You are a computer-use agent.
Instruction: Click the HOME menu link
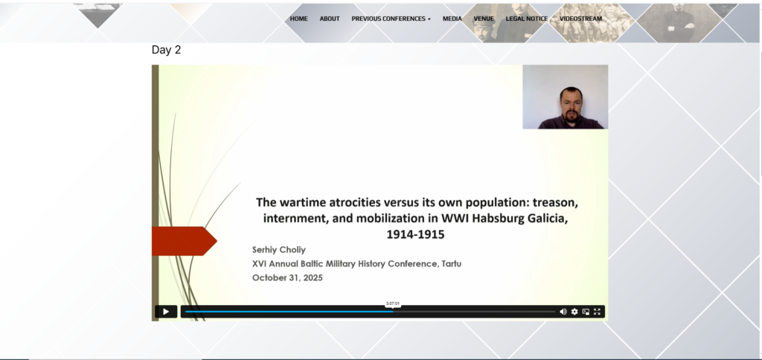[298, 19]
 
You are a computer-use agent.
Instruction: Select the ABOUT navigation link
[330, 19]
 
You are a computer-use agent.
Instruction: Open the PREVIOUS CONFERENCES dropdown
[391, 19]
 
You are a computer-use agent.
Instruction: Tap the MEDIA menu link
[452, 19]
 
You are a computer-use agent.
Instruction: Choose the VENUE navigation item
[484, 19]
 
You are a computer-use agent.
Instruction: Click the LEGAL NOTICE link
[526, 19]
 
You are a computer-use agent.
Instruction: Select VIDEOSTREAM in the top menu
[580, 19]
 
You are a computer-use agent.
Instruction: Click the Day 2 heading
[166, 50]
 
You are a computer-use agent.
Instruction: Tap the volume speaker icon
[563, 312]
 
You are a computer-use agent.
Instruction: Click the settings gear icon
[574, 312]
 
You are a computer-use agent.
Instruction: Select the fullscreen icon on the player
[598, 312]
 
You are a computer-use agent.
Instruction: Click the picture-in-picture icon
[586, 312]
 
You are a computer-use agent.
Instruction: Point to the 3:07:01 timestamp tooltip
[393, 303]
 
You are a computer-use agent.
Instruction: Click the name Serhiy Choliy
[279, 250]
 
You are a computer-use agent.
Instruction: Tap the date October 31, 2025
[287, 278]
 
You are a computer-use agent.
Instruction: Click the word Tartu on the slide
[452, 264]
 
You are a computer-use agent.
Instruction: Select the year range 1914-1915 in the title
[415, 234]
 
